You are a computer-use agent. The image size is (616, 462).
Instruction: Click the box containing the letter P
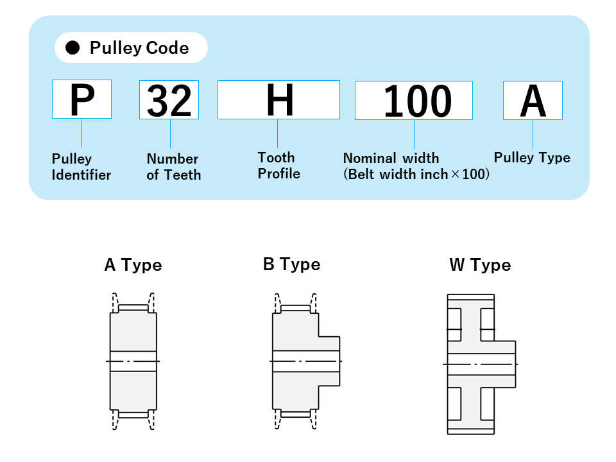point(81,99)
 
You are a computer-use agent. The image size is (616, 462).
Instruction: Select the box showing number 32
point(169,99)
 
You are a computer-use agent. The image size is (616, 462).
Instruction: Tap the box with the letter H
point(278,99)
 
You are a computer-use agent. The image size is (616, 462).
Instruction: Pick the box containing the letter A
point(533,100)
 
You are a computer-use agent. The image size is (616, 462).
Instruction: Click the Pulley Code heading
point(139,48)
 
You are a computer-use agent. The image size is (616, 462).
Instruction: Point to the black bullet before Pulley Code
point(73,48)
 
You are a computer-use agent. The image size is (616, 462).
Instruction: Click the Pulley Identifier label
point(81,167)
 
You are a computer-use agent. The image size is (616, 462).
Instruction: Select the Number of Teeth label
point(173,167)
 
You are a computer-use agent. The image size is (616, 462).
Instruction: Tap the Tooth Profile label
point(278,166)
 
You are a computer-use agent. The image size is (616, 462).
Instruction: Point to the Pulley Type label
point(532,158)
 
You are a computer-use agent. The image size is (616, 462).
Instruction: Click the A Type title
point(133,265)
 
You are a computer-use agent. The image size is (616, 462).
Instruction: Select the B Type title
point(291,264)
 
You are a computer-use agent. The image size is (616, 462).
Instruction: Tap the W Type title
point(480,265)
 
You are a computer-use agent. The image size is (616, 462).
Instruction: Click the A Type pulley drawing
point(133,362)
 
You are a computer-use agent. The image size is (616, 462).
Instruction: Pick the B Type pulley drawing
point(302,362)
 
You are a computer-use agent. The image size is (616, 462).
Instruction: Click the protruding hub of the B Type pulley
point(330,361)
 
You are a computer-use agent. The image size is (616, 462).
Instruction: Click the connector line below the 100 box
point(414,135)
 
